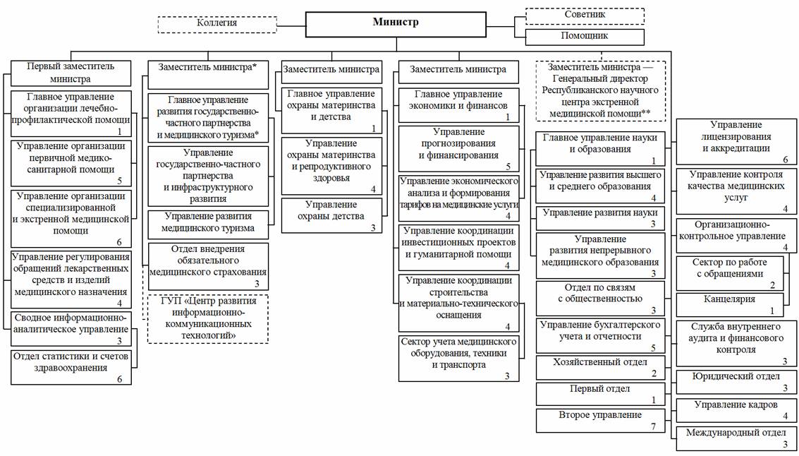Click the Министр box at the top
tap(396, 23)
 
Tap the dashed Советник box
tap(585, 15)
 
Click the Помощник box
tap(585, 35)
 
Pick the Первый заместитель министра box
tap(70, 73)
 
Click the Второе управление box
tap(600, 420)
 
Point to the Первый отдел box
tap(600, 393)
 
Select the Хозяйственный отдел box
tap(600, 367)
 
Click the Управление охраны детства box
tap(332, 215)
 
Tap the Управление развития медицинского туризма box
tap(208, 222)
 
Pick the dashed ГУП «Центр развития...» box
tap(208, 320)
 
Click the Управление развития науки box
tap(600, 217)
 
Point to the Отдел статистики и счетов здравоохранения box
tap(70, 366)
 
